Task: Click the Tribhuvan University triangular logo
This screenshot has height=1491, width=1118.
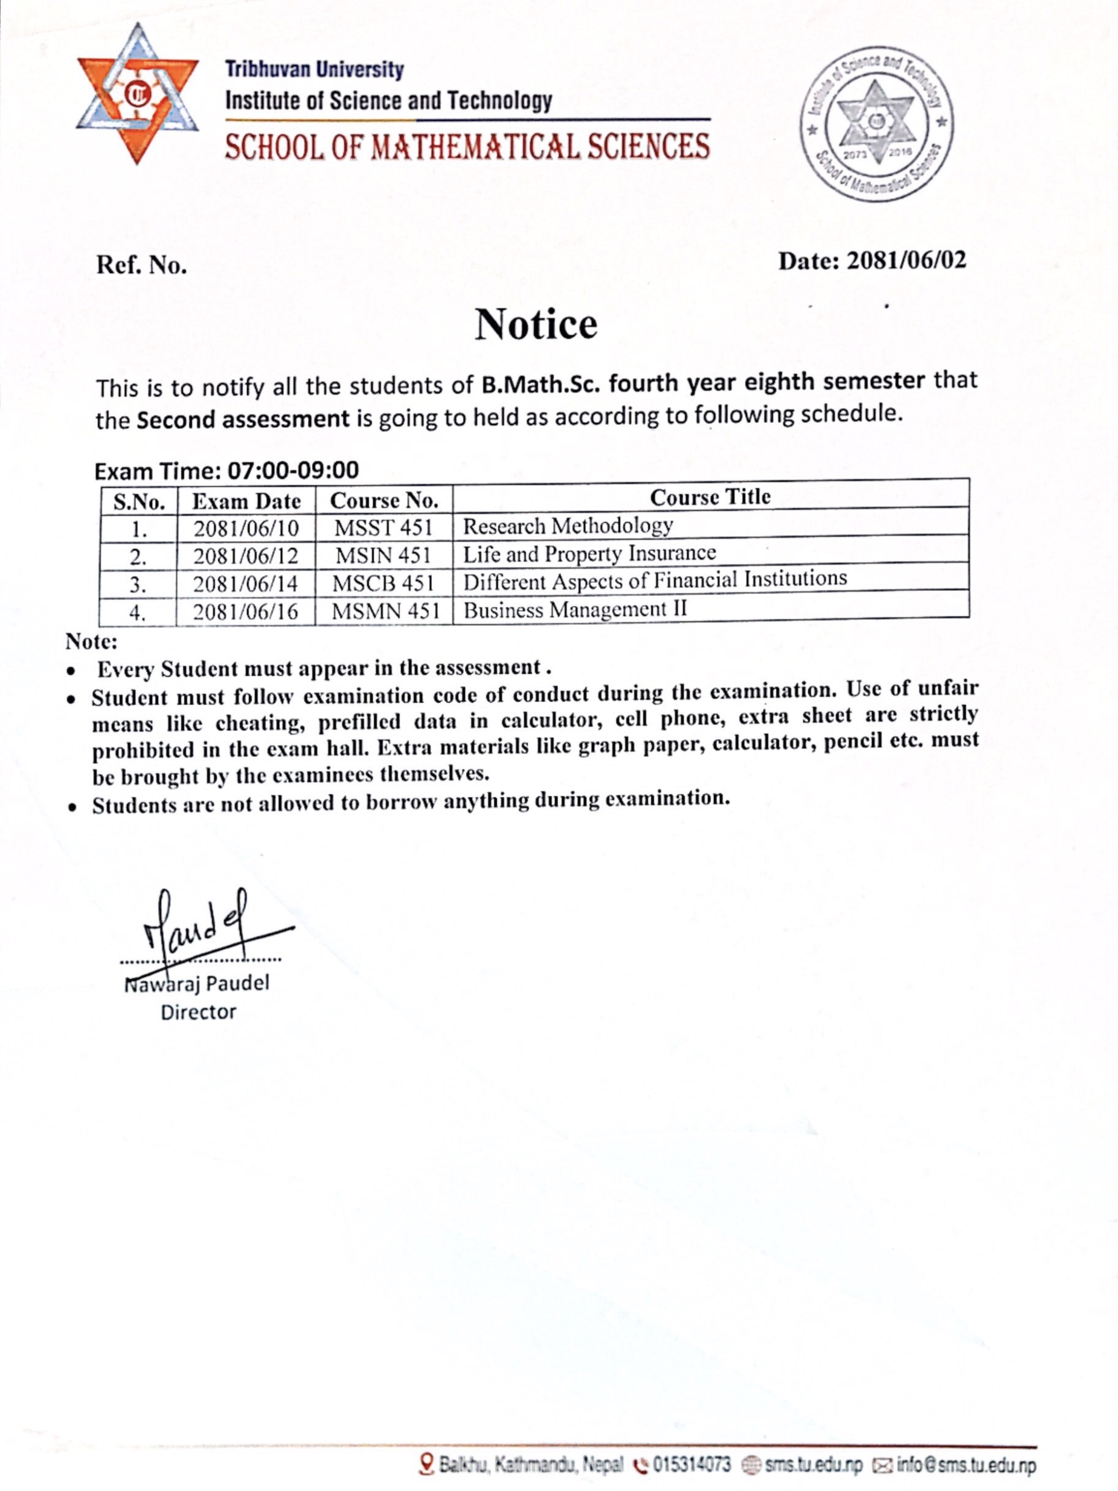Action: [137, 93]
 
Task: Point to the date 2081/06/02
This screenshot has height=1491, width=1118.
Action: [905, 260]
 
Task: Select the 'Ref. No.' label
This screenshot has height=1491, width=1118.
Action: [142, 265]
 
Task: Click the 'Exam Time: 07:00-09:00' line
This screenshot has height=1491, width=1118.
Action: [226, 470]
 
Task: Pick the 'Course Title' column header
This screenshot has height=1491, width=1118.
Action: [710, 497]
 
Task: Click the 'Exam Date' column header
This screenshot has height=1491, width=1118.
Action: [246, 501]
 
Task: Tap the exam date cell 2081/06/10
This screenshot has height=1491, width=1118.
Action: [246, 528]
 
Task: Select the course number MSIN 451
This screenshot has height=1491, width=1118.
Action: [383, 555]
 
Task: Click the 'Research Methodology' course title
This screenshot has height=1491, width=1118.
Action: [567, 526]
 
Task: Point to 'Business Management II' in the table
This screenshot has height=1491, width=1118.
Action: [575, 610]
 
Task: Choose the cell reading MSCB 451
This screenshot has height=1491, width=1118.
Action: [383, 583]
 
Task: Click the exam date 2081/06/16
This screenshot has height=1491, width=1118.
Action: [245, 612]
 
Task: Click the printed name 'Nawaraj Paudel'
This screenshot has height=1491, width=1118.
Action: [197, 984]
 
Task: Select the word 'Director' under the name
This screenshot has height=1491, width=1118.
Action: [198, 1012]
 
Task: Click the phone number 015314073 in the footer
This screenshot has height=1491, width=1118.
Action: [691, 1464]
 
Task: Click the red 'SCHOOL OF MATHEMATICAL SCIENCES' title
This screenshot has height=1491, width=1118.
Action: [467, 146]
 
